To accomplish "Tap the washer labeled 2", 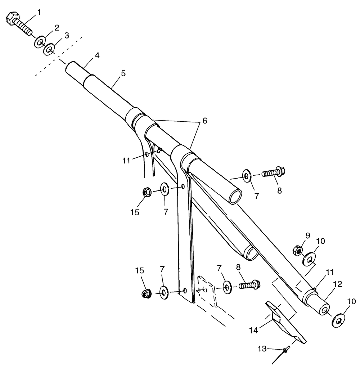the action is (40, 42).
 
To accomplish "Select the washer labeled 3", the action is (49, 49).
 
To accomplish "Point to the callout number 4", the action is (97, 56).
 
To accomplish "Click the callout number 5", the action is (123, 73).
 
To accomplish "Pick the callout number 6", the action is (204, 121).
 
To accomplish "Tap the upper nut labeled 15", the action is (146, 193).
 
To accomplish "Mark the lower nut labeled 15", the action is (146, 294).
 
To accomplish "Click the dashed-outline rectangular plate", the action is (207, 292).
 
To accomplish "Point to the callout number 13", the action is (262, 348).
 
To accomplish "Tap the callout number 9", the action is (307, 235).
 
